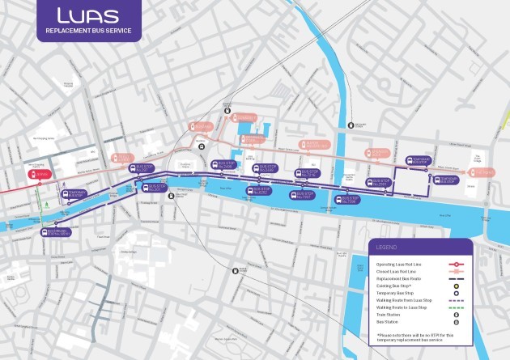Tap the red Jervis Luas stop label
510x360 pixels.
40,174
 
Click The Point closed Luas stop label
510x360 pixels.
482,172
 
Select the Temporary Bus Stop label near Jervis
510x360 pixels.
74,193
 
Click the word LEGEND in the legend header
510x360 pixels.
386,248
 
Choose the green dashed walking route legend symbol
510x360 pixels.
457,307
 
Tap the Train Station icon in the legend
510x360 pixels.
457,315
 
